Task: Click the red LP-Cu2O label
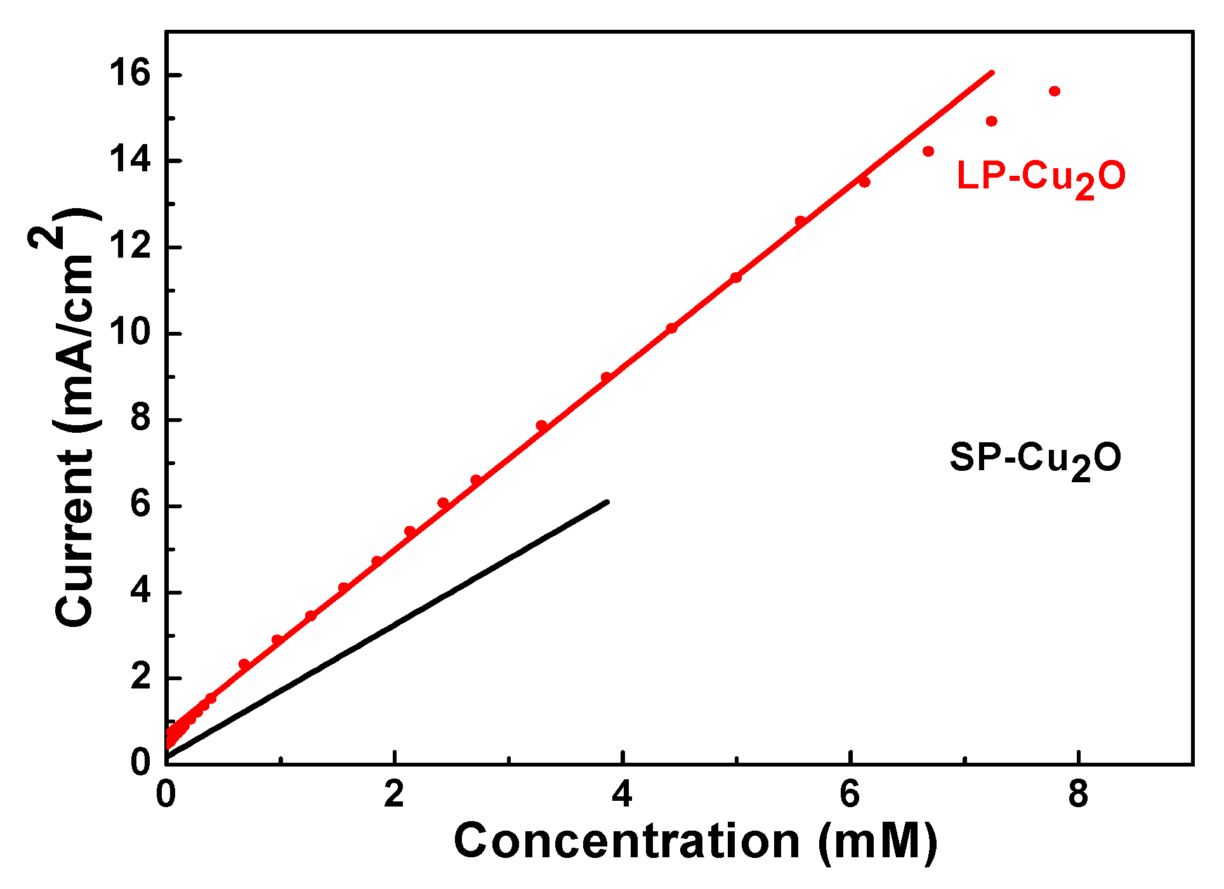pyautogui.click(x=1041, y=177)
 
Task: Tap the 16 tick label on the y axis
pyautogui.click(x=130, y=74)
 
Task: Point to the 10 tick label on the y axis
pyautogui.click(x=130, y=333)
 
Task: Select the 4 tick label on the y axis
pyautogui.click(x=140, y=591)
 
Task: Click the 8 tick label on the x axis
pyautogui.click(x=1078, y=794)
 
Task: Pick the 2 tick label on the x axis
pyautogui.click(x=394, y=794)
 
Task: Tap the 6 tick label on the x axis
pyautogui.click(x=850, y=794)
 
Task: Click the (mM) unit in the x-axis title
pyautogui.click(x=878, y=843)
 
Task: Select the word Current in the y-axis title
pyautogui.click(x=75, y=539)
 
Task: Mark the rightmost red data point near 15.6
pyautogui.click(x=1055, y=91)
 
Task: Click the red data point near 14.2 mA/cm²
pyautogui.click(x=928, y=151)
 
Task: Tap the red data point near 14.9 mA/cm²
pyautogui.click(x=992, y=121)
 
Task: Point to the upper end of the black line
pyautogui.click(x=607, y=502)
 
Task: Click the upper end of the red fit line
pyautogui.click(x=992, y=72)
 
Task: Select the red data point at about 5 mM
pyautogui.click(x=736, y=277)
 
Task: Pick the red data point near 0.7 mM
pyautogui.click(x=244, y=664)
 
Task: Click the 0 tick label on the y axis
pyautogui.click(x=140, y=761)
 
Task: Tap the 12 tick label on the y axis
pyautogui.click(x=130, y=246)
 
